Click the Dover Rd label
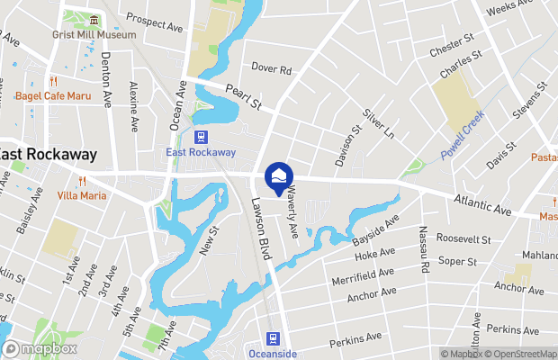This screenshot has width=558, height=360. (272, 68)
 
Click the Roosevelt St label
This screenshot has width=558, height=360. (463, 240)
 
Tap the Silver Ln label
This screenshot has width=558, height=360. (378, 123)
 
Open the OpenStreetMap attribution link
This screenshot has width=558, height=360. (520, 353)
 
